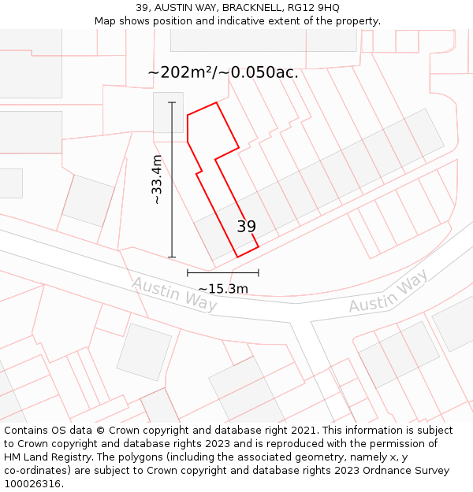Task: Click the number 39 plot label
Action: coord(246,227)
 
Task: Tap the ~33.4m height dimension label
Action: coord(157,180)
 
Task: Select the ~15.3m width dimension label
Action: coord(222,289)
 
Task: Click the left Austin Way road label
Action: coord(174,294)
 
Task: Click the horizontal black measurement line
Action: coord(222,273)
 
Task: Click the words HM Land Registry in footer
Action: coord(47,457)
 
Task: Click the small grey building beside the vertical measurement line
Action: coord(168,113)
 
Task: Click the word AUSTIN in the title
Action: coord(175,7)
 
